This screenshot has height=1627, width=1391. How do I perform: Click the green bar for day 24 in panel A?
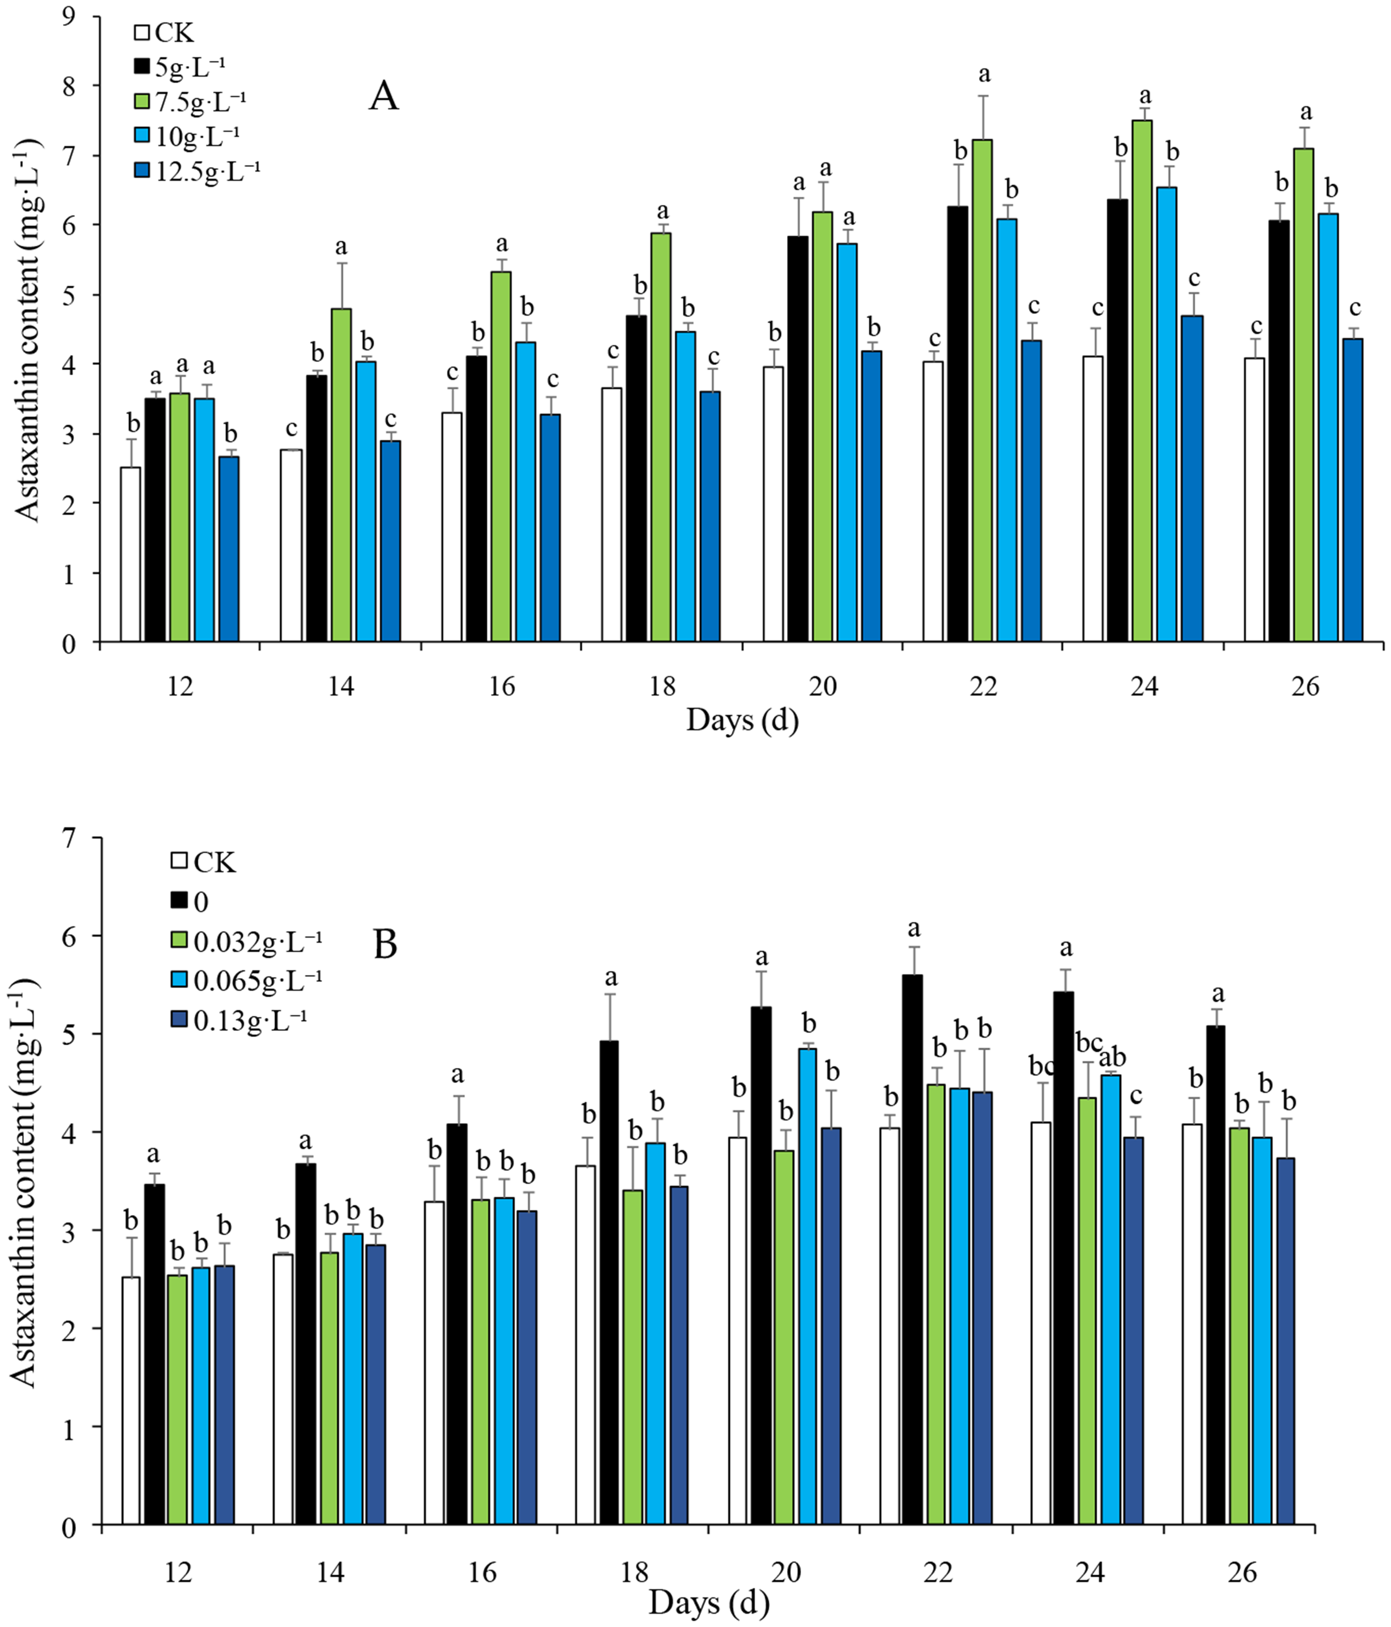[x=1142, y=381]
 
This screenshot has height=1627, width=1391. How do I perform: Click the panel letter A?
[x=384, y=97]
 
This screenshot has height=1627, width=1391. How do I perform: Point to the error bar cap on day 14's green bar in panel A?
[x=342, y=263]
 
